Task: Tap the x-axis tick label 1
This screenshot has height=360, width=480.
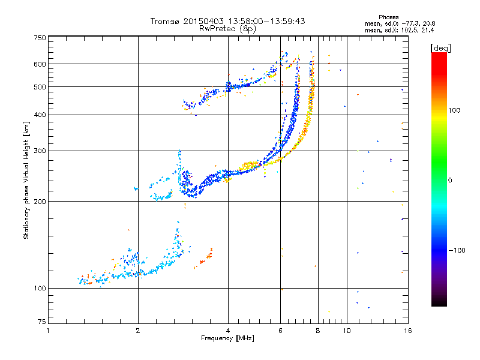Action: [48, 331]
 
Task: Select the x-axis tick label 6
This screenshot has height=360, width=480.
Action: [281, 331]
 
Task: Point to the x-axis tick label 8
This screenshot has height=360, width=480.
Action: [318, 331]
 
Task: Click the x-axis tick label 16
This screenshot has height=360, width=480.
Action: [407, 331]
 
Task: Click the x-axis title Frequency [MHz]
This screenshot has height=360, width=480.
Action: [227, 338]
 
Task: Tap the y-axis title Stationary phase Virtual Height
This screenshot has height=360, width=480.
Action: [26, 180]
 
